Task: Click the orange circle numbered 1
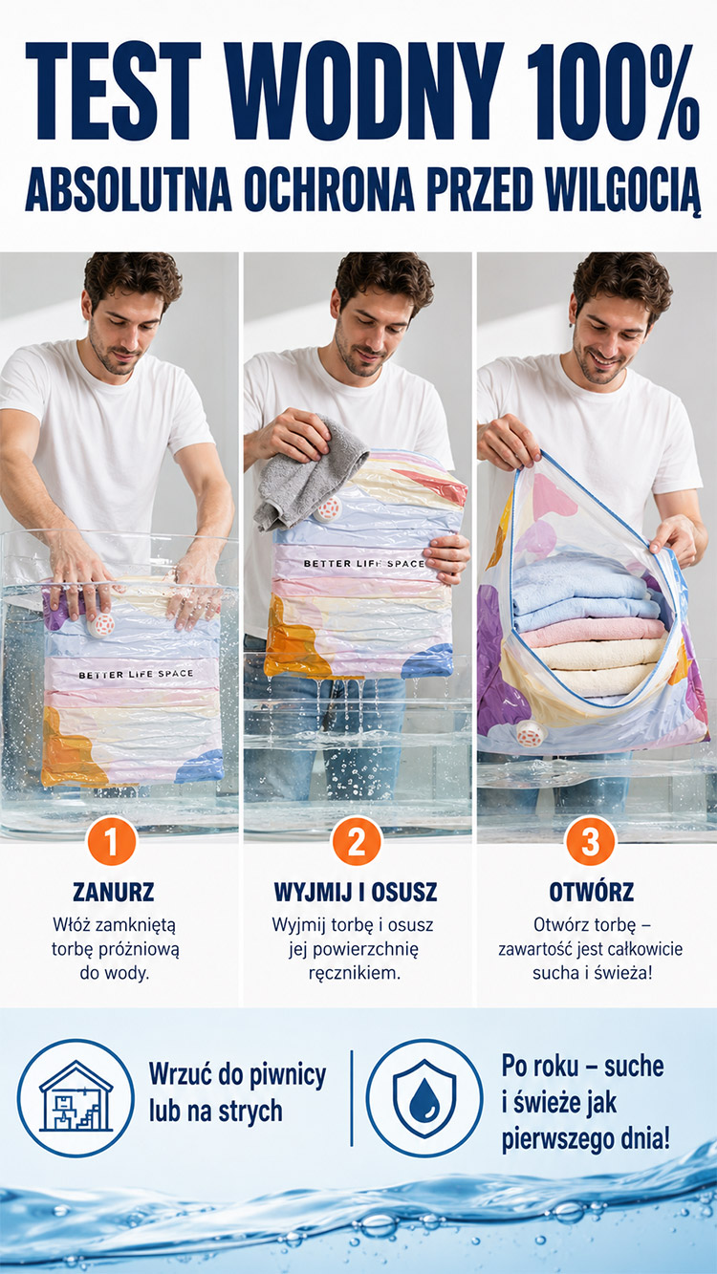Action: [x=111, y=841]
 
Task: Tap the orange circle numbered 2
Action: [x=357, y=841]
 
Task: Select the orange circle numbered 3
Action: [x=590, y=841]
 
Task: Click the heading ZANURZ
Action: [x=113, y=892]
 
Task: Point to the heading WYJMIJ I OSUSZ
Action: [x=356, y=892]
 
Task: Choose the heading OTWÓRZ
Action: [x=591, y=891]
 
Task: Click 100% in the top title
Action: [x=612, y=92]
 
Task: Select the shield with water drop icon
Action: [x=424, y=1098]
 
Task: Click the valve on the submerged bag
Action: [x=101, y=625]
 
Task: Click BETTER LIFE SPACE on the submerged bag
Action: [x=136, y=675]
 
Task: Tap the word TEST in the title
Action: [x=113, y=92]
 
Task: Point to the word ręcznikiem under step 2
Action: [x=355, y=973]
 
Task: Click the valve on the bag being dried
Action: [x=329, y=508]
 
